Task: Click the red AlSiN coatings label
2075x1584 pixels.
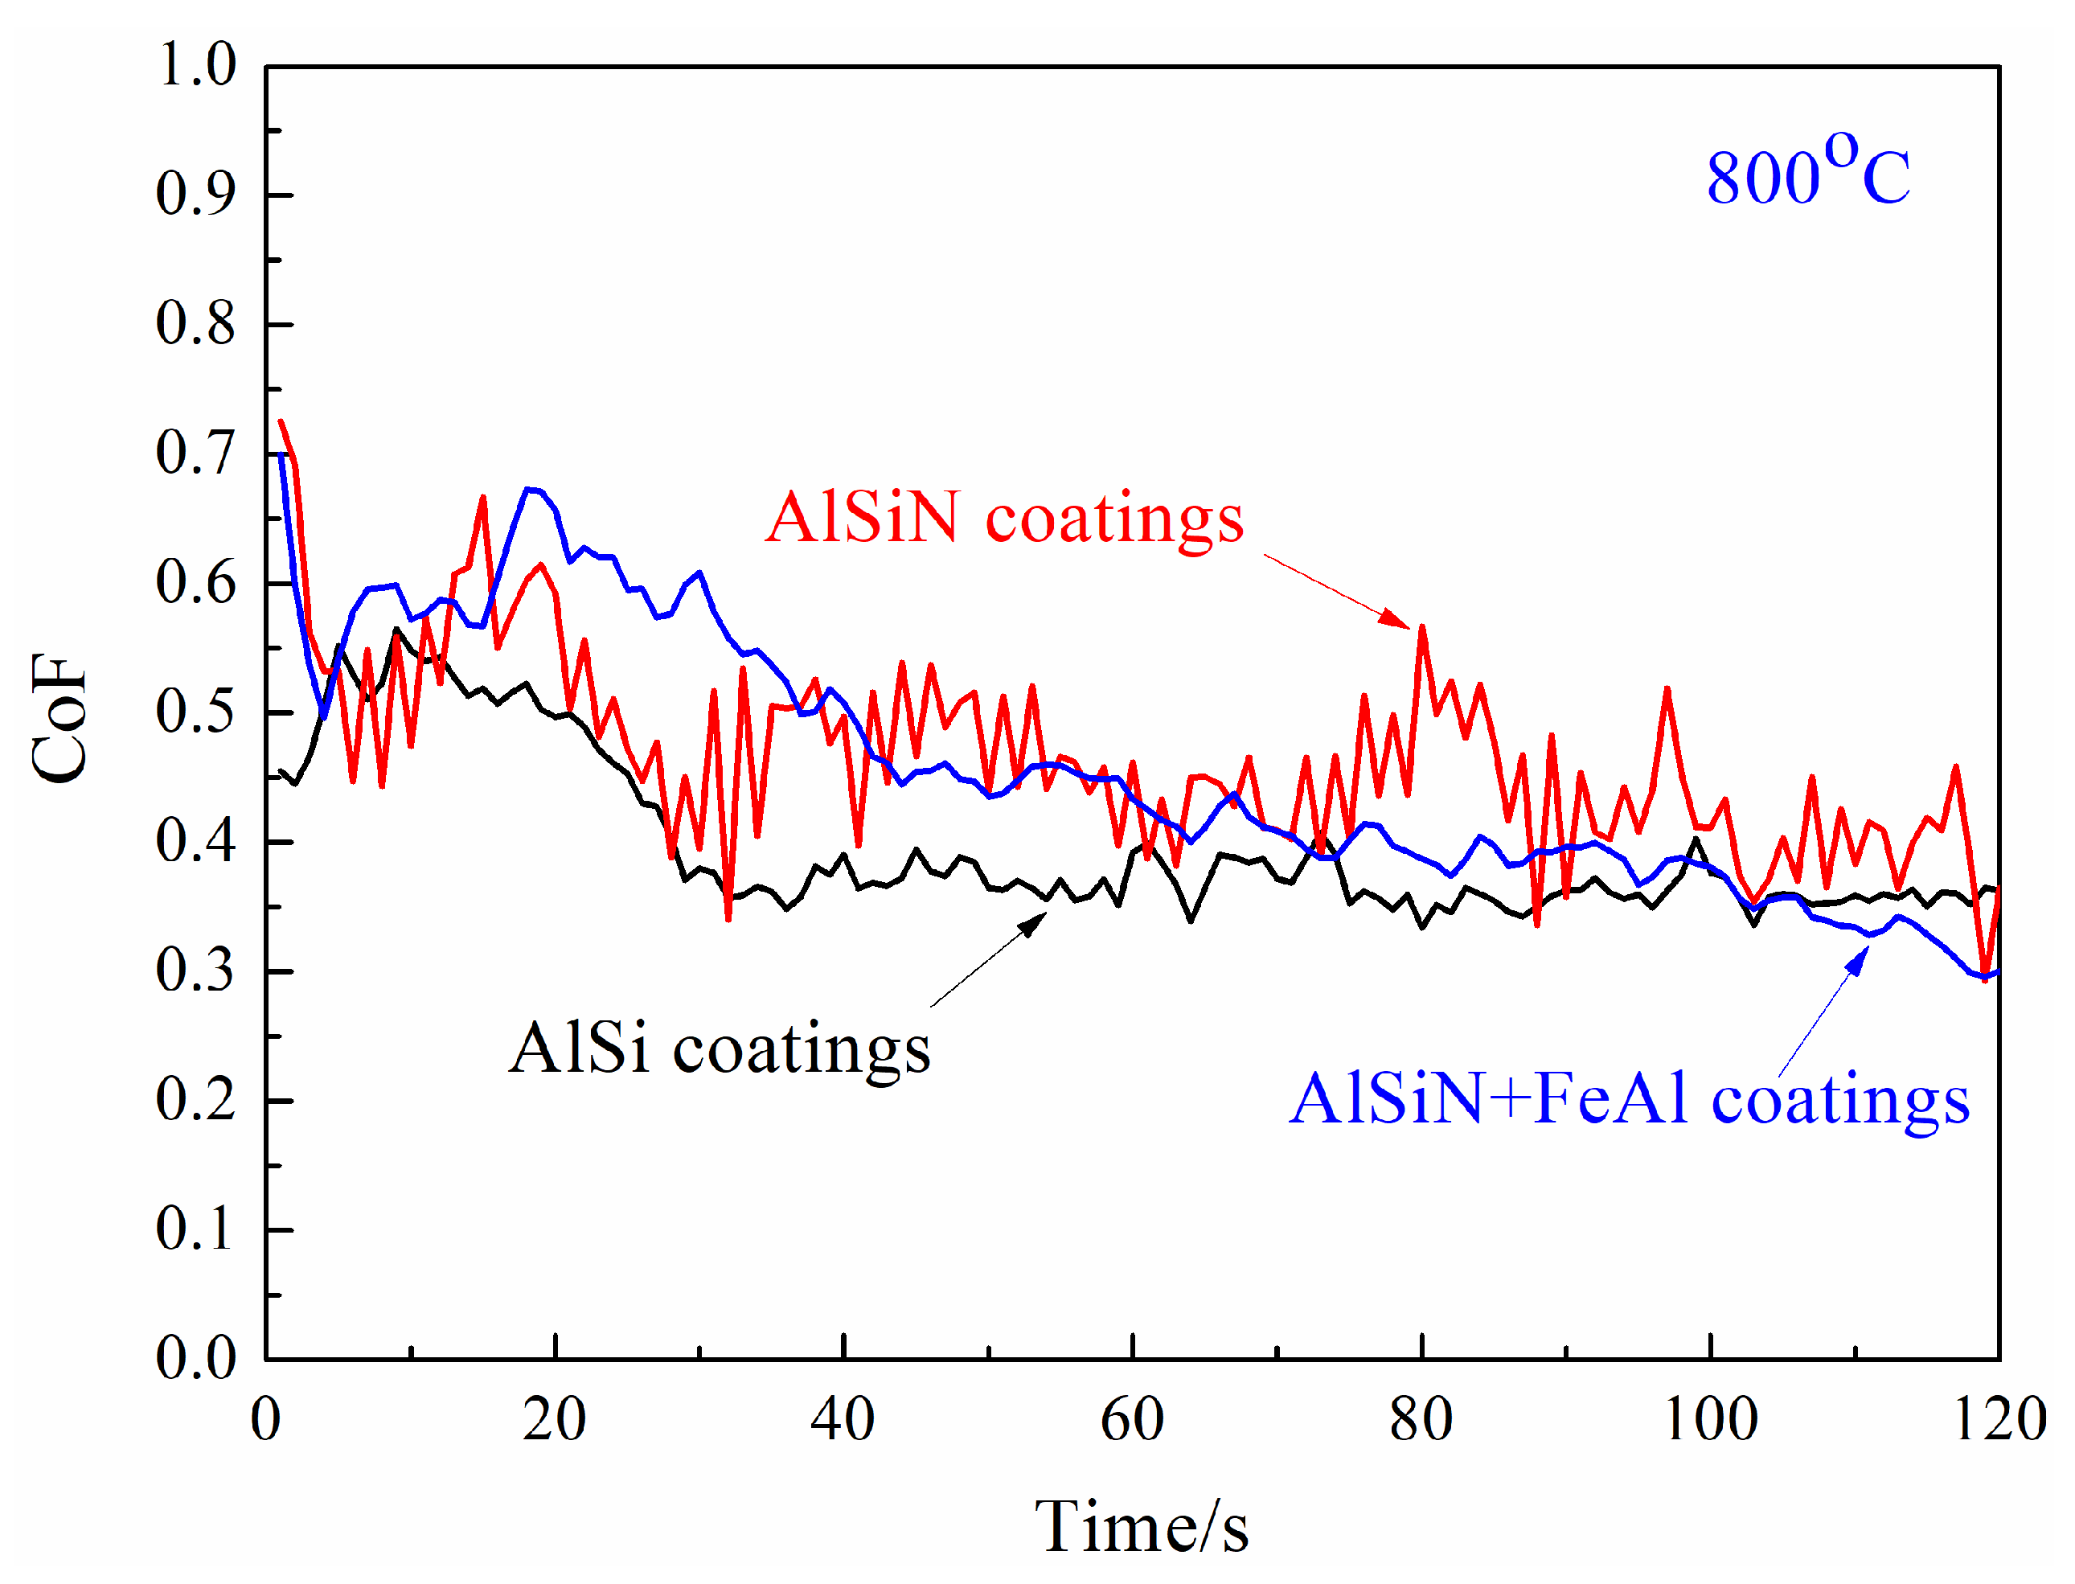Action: [x=1003, y=519]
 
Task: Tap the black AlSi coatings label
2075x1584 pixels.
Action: [x=720, y=1049]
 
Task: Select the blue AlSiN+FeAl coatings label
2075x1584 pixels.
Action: [x=1629, y=1100]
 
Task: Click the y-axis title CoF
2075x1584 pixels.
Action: [x=59, y=719]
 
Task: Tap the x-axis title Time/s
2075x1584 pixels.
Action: [x=1141, y=1528]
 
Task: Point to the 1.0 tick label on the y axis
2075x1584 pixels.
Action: [x=195, y=66]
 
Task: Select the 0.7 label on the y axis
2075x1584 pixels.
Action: [x=195, y=453]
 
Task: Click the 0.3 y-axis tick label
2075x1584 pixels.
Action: [x=195, y=971]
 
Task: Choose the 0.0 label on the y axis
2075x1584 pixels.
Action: [x=195, y=1359]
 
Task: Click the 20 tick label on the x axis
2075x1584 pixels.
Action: [x=555, y=1420]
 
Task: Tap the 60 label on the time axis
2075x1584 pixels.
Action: [x=1131, y=1420]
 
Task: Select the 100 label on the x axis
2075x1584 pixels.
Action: [x=1709, y=1420]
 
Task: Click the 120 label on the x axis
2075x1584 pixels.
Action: [x=1999, y=1420]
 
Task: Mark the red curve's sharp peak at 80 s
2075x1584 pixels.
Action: [x=1421, y=627]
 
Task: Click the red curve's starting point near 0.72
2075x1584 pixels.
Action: [x=281, y=421]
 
